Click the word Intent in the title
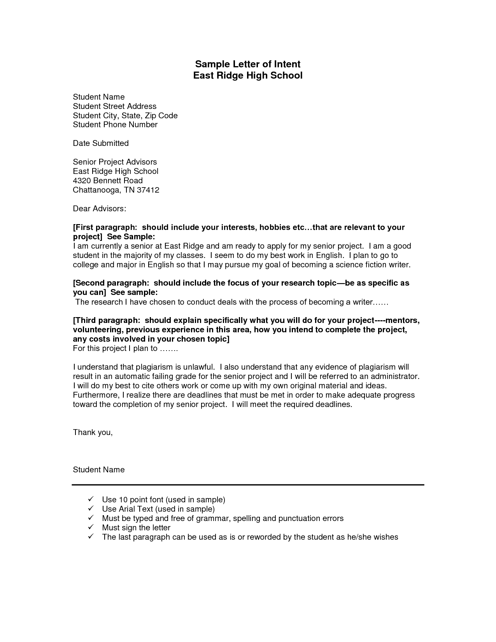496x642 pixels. pyautogui.click(x=285, y=64)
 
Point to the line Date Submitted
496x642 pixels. pyautogui.click(x=100, y=143)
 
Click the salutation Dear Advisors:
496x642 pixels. pyautogui.click(x=99, y=209)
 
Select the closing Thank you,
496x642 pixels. pyautogui.click(x=93, y=432)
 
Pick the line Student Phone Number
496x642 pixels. pyautogui.click(x=115, y=125)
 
